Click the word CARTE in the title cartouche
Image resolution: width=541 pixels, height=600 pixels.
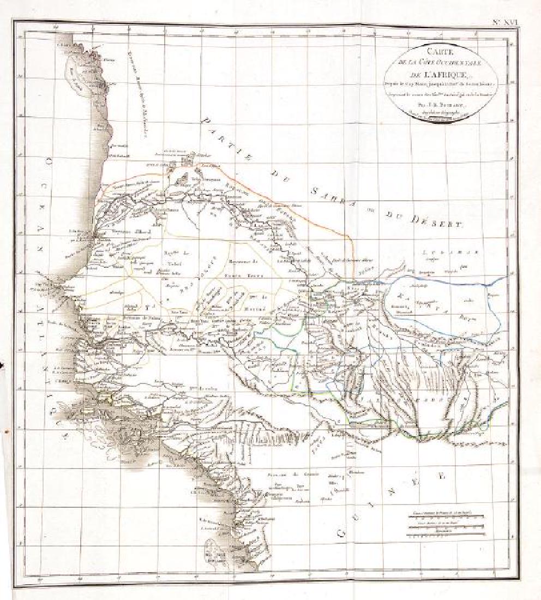pos(435,52)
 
